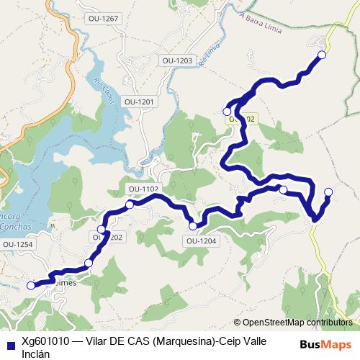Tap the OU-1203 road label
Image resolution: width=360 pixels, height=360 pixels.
point(177,61)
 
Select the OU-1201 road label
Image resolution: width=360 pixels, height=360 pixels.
point(139,102)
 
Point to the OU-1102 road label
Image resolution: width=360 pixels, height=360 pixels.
point(143,189)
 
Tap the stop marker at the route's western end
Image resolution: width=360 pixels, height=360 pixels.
point(31,285)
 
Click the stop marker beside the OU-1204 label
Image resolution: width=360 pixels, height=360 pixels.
point(193,226)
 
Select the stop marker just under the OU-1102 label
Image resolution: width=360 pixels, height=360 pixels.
point(130,204)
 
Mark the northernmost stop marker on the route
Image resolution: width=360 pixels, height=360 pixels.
point(322,55)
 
